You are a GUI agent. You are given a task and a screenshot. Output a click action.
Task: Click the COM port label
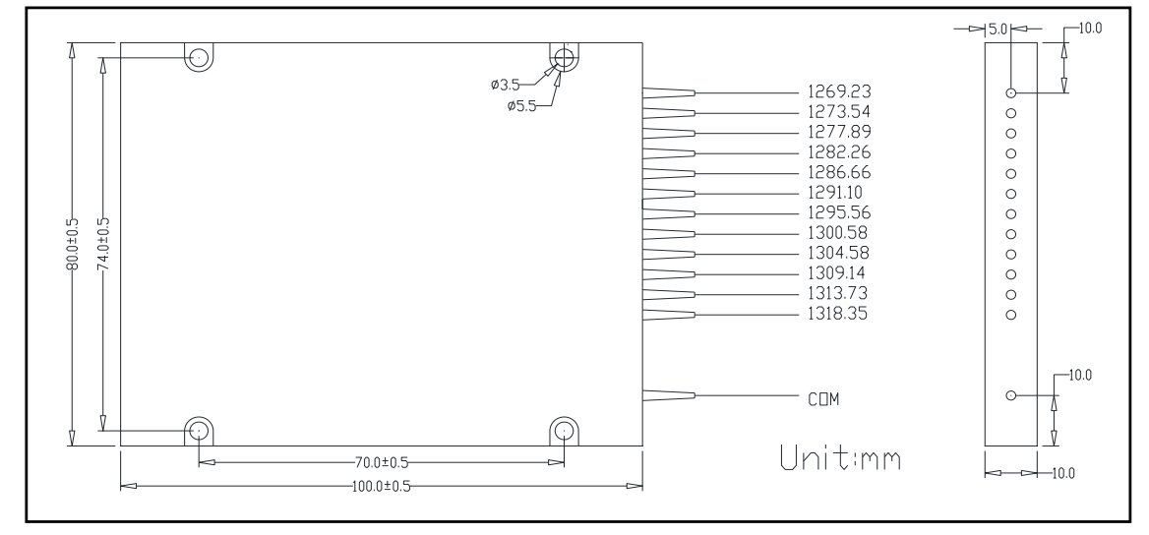coord(822,398)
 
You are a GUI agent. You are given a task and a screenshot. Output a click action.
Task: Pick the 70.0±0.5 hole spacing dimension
coord(381,462)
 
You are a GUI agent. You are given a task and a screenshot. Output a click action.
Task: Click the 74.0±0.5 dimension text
coord(103,244)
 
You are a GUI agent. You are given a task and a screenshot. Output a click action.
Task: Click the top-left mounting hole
coord(199,58)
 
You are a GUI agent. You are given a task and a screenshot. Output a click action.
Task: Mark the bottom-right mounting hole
coord(564,431)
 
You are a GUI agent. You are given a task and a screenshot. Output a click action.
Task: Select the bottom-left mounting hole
coord(199,431)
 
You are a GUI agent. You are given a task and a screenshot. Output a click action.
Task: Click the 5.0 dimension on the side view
coord(997,29)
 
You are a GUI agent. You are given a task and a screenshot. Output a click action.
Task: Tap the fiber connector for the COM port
coord(669,395)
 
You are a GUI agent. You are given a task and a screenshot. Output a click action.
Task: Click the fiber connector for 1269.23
coord(669,92)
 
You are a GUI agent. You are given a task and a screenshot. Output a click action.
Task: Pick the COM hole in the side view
coord(1010,394)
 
